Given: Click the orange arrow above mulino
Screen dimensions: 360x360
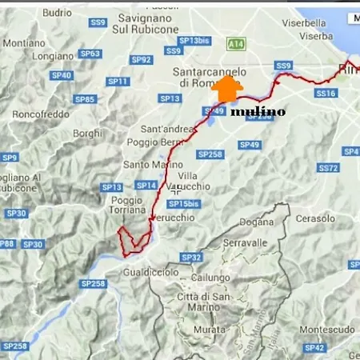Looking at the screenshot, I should [228, 90].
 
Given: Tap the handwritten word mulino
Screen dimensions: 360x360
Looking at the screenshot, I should [258, 112].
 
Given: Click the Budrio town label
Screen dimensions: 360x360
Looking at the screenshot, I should [57, 13].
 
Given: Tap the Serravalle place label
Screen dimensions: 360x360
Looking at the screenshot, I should [244, 242].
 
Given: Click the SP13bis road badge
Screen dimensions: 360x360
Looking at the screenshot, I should [194, 39].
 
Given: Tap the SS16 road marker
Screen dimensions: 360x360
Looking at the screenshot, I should [325, 94].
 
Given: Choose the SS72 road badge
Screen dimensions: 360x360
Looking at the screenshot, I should [328, 168].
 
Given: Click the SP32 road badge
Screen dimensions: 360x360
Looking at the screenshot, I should [191, 257].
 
